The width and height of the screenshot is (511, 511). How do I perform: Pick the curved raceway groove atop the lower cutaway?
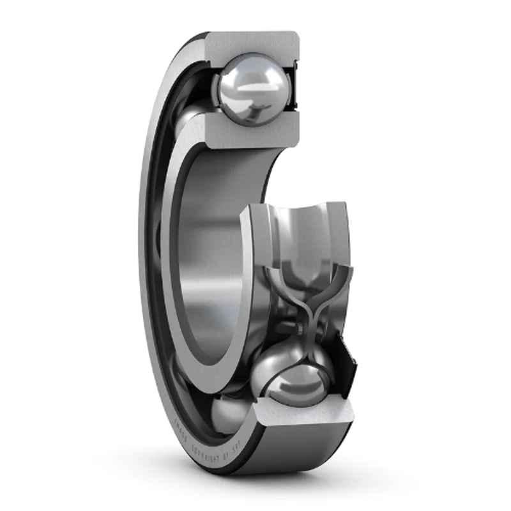click(x=307, y=224)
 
